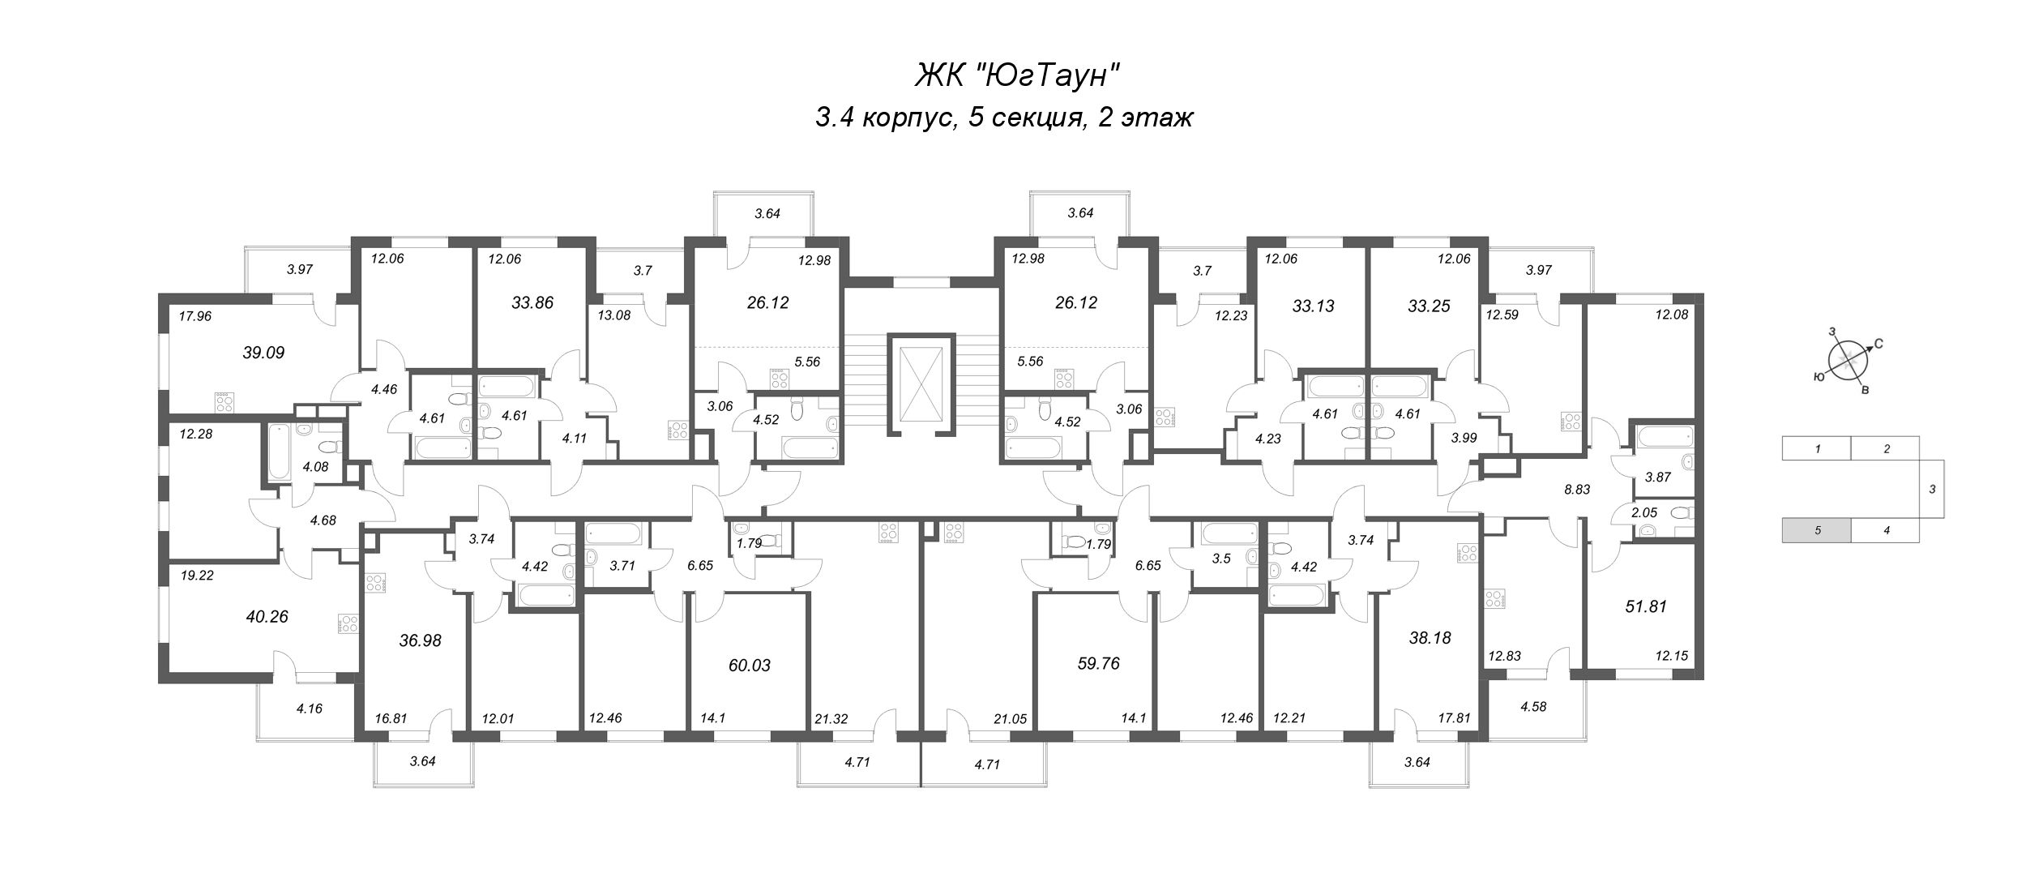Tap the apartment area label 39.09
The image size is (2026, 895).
point(263,353)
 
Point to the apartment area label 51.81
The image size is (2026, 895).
point(1646,606)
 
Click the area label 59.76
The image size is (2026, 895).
point(1098,663)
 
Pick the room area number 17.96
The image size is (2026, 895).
point(194,316)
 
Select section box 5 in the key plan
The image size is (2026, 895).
point(1816,530)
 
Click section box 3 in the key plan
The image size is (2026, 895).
point(1932,489)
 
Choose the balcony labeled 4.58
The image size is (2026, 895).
point(1533,706)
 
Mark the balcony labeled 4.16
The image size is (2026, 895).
point(309,708)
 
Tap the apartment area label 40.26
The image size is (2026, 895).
point(267,616)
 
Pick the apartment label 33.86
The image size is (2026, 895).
point(532,303)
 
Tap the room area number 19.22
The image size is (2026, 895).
point(196,575)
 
